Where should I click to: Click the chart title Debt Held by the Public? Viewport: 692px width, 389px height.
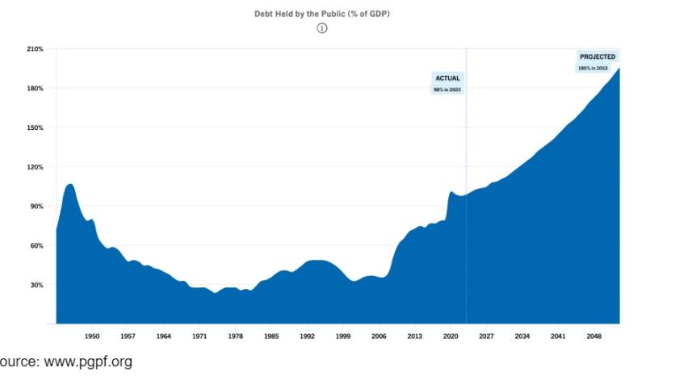pos(321,14)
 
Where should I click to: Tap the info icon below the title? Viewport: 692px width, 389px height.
pos(321,28)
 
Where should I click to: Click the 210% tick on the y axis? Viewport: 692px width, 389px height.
pos(35,49)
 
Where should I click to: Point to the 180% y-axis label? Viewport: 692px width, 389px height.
pos(35,88)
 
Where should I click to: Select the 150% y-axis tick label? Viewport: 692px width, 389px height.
pos(35,128)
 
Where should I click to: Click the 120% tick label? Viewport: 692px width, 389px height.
pos(35,167)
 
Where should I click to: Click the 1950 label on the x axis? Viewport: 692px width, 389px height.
pos(92,336)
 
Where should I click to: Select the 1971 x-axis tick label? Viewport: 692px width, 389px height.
pos(199,336)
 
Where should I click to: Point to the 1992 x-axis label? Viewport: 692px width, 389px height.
pos(307,336)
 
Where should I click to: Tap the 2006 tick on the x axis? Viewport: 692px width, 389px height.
pos(379,336)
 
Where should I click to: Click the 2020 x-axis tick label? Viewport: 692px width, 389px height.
pos(451,336)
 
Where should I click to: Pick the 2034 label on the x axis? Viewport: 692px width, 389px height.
pos(522,336)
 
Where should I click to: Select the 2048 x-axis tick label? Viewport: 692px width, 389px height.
pos(593,336)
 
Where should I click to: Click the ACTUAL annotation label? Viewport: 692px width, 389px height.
pos(447,78)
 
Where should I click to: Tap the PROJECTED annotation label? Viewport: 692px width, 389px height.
pos(598,56)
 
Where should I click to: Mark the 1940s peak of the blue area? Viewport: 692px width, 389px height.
pos(70,185)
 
